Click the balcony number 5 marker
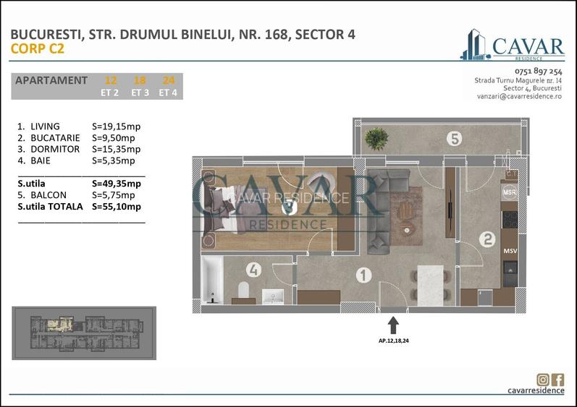[x=454, y=138]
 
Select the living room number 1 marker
[x=363, y=275]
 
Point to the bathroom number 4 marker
[x=253, y=270]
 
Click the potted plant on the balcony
[x=376, y=137]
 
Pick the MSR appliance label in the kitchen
[x=509, y=193]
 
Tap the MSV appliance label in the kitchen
[x=509, y=250]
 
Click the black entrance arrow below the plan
[x=393, y=324]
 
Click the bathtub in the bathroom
[x=212, y=281]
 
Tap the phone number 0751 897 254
[x=538, y=72]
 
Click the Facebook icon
[x=558, y=380]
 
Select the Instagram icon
[x=543, y=380]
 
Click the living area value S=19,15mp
[x=117, y=127]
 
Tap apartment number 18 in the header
[x=140, y=80]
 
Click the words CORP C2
[x=38, y=49]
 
